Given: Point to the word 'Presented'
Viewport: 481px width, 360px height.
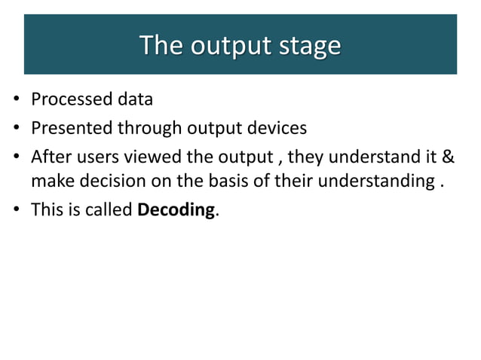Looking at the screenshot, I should coord(71,128).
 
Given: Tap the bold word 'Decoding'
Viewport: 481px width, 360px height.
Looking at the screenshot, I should coord(176,210).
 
